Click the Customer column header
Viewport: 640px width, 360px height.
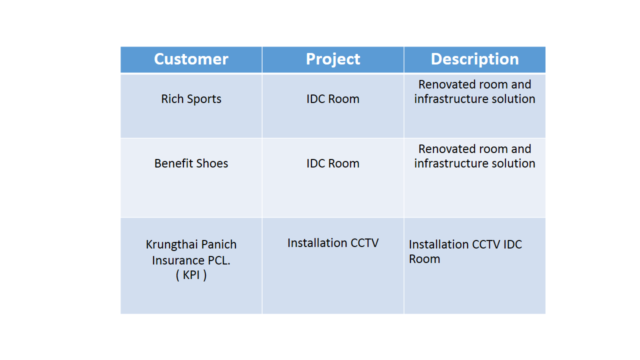coord(191,59)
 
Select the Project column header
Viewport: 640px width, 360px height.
coord(333,59)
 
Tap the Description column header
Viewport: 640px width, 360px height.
coord(474,59)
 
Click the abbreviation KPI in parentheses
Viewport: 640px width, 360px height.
coord(191,275)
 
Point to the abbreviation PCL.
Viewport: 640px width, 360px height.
coord(219,260)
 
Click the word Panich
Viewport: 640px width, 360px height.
coord(219,244)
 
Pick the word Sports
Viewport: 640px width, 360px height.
coord(204,99)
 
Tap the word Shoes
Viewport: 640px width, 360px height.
coord(212,163)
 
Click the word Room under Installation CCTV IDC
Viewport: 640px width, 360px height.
coord(424,259)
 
